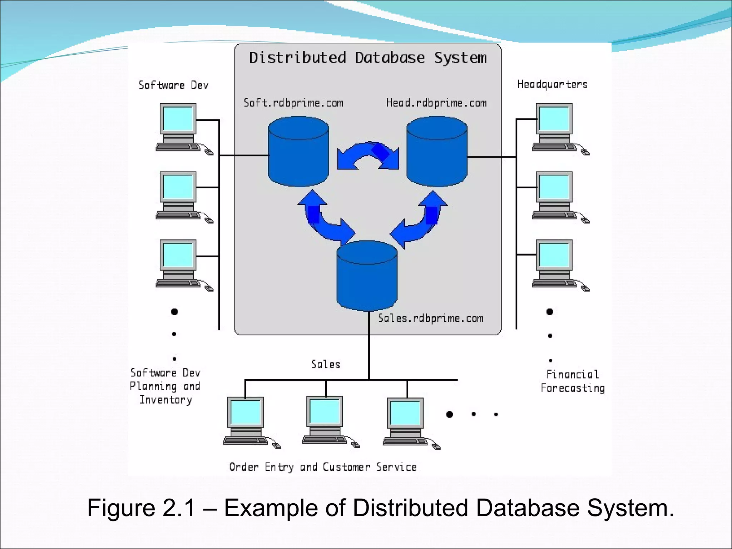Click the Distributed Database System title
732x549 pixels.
pos(368,58)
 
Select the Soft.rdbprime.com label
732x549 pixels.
pos(293,103)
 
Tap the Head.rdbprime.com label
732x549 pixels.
pos(436,103)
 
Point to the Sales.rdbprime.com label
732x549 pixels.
pos(430,318)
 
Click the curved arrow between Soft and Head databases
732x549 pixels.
pos(368,155)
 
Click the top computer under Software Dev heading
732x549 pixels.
pos(178,127)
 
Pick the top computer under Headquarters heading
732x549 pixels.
pos(554,127)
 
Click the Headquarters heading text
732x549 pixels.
pos(552,84)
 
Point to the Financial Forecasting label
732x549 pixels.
pos(573,381)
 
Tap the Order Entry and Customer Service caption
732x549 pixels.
pos(323,467)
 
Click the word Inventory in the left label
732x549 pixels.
pos(166,400)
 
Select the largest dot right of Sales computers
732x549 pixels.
pos(450,414)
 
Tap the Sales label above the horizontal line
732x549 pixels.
pos(326,365)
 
